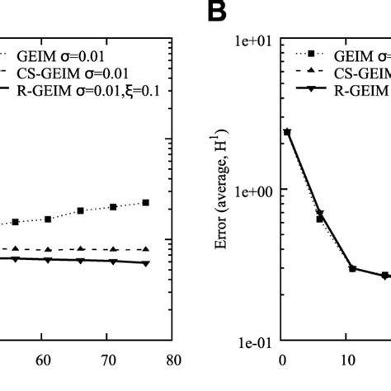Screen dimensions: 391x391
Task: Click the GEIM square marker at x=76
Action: [x=146, y=202]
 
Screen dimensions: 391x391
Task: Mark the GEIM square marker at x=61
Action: [x=49, y=219]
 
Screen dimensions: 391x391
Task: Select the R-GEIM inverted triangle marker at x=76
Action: [x=146, y=263]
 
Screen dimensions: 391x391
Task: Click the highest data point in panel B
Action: [x=286, y=131]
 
